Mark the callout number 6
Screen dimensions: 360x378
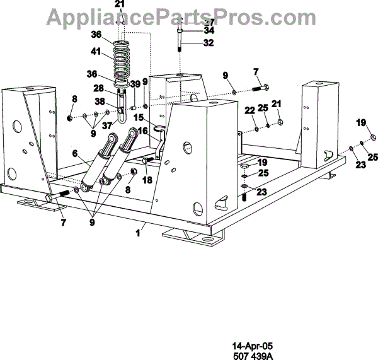(x=74, y=153)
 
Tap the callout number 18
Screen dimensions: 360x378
(x=148, y=180)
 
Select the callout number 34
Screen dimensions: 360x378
(x=209, y=30)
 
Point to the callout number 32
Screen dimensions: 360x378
(x=209, y=43)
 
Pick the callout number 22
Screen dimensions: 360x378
(x=249, y=110)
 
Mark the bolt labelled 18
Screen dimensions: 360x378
(x=144, y=162)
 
